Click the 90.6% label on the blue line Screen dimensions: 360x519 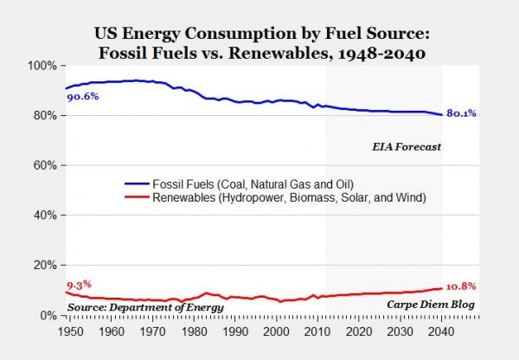pos(83,97)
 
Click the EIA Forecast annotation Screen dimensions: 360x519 pos(401,147)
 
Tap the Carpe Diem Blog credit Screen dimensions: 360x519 pos(438,305)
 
